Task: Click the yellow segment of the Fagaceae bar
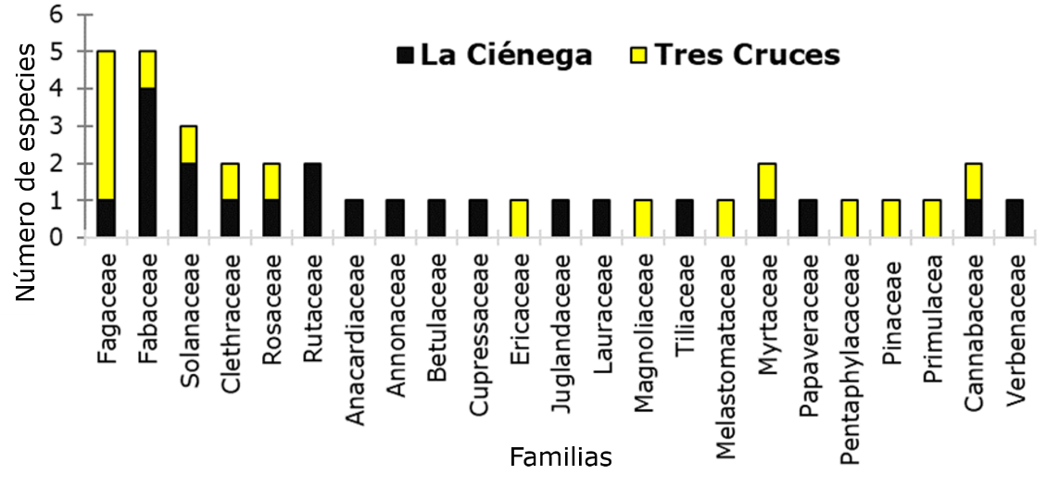point(107,125)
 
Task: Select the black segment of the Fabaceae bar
point(147,162)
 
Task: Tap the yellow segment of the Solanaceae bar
point(189,144)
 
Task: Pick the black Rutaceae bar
point(313,199)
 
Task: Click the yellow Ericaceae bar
point(519,219)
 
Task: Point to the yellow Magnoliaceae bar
point(643,219)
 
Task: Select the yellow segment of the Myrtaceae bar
point(766,181)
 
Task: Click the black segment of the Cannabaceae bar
point(973,219)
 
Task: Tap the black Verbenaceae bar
point(1015,219)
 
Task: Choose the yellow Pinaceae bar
point(890,219)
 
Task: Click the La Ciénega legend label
point(506,55)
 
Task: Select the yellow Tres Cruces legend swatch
point(637,56)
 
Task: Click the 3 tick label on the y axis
point(58,126)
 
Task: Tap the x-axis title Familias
point(561,457)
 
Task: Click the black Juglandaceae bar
point(561,219)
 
